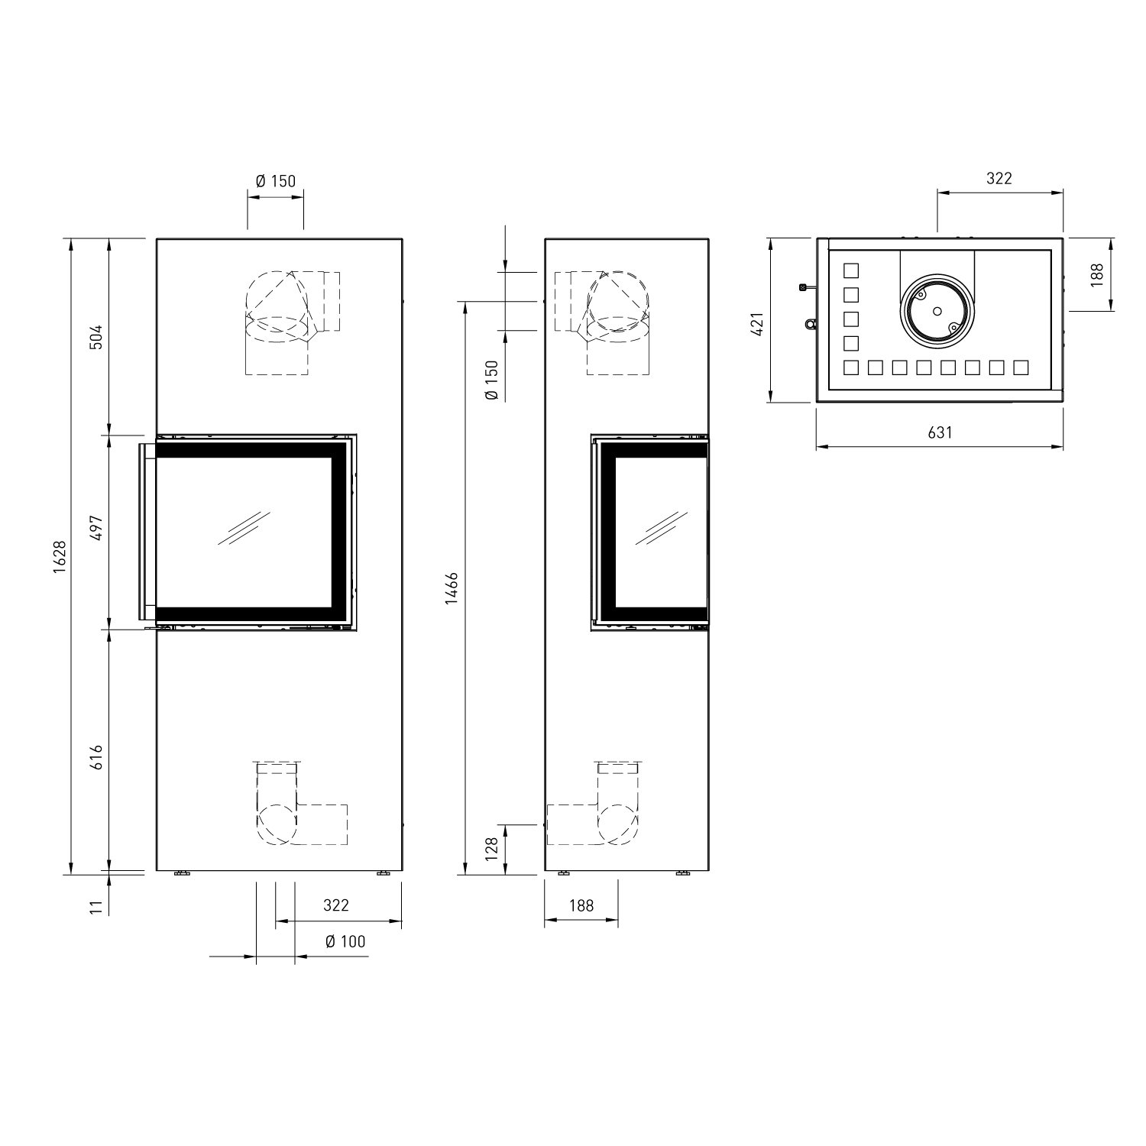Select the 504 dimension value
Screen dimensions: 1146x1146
tap(95, 337)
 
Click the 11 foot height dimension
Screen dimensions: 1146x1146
tap(95, 907)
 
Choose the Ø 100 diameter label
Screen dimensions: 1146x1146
tap(345, 941)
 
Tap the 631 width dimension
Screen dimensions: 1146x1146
tap(940, 432)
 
